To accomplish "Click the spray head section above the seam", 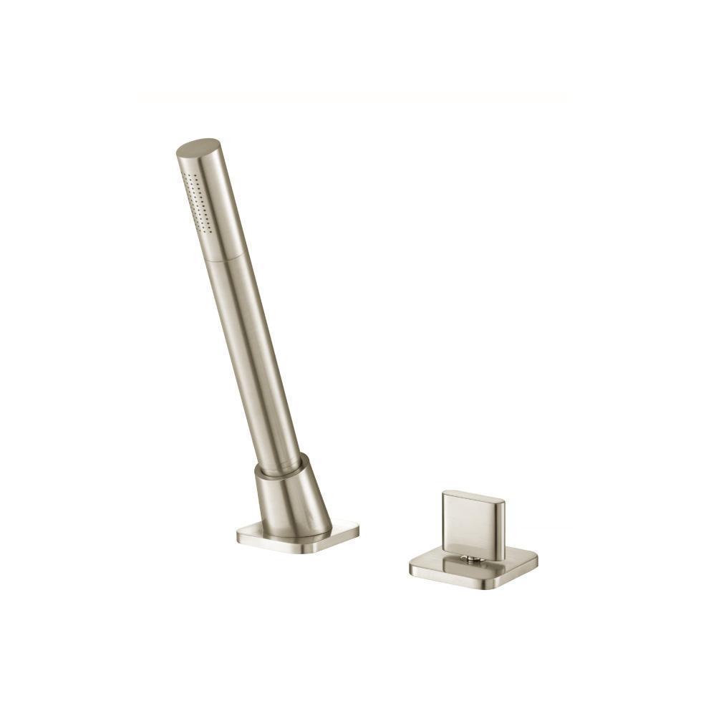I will (211, 208).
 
